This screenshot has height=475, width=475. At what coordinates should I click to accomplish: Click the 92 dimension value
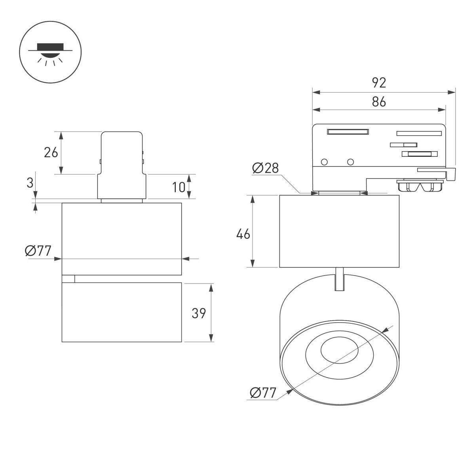[379, 83]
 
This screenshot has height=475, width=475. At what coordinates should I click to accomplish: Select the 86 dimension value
[379, 102]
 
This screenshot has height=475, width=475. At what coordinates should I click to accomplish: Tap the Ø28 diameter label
[265, 168]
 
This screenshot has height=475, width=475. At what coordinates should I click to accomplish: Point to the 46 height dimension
[243, 234]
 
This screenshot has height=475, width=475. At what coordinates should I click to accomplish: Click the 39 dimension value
[199, 313]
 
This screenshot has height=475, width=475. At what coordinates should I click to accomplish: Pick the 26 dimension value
[51, 152]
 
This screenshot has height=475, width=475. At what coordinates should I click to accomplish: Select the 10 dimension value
[179, 187]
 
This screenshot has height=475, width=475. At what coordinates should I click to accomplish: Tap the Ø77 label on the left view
[38, 251]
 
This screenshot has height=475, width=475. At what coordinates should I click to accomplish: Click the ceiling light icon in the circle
[50, 52]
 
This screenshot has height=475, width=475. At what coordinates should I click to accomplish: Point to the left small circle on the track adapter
[324, 162]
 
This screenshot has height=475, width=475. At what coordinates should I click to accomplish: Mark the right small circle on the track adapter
[350, 162]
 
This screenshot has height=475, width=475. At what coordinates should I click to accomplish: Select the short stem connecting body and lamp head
[339, 279]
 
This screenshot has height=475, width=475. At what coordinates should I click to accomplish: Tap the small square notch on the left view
[68, 279]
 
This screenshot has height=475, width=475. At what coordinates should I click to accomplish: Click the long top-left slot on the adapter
[348, 132]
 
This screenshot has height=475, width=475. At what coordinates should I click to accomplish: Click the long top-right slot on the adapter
[419, 133]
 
